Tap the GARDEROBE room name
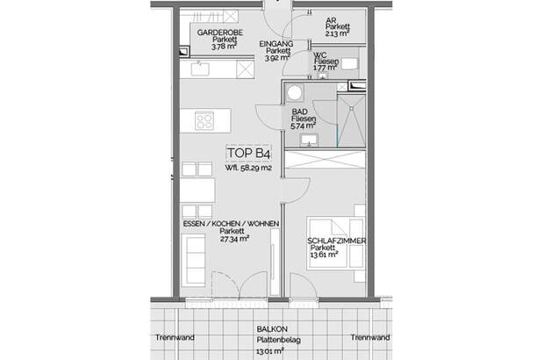(218, 32)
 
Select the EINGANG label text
(276, 43)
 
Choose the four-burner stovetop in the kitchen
(205, 121)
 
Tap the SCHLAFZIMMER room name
(336, 241)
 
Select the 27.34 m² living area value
(232, 238)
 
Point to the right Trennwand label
(369, 338)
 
